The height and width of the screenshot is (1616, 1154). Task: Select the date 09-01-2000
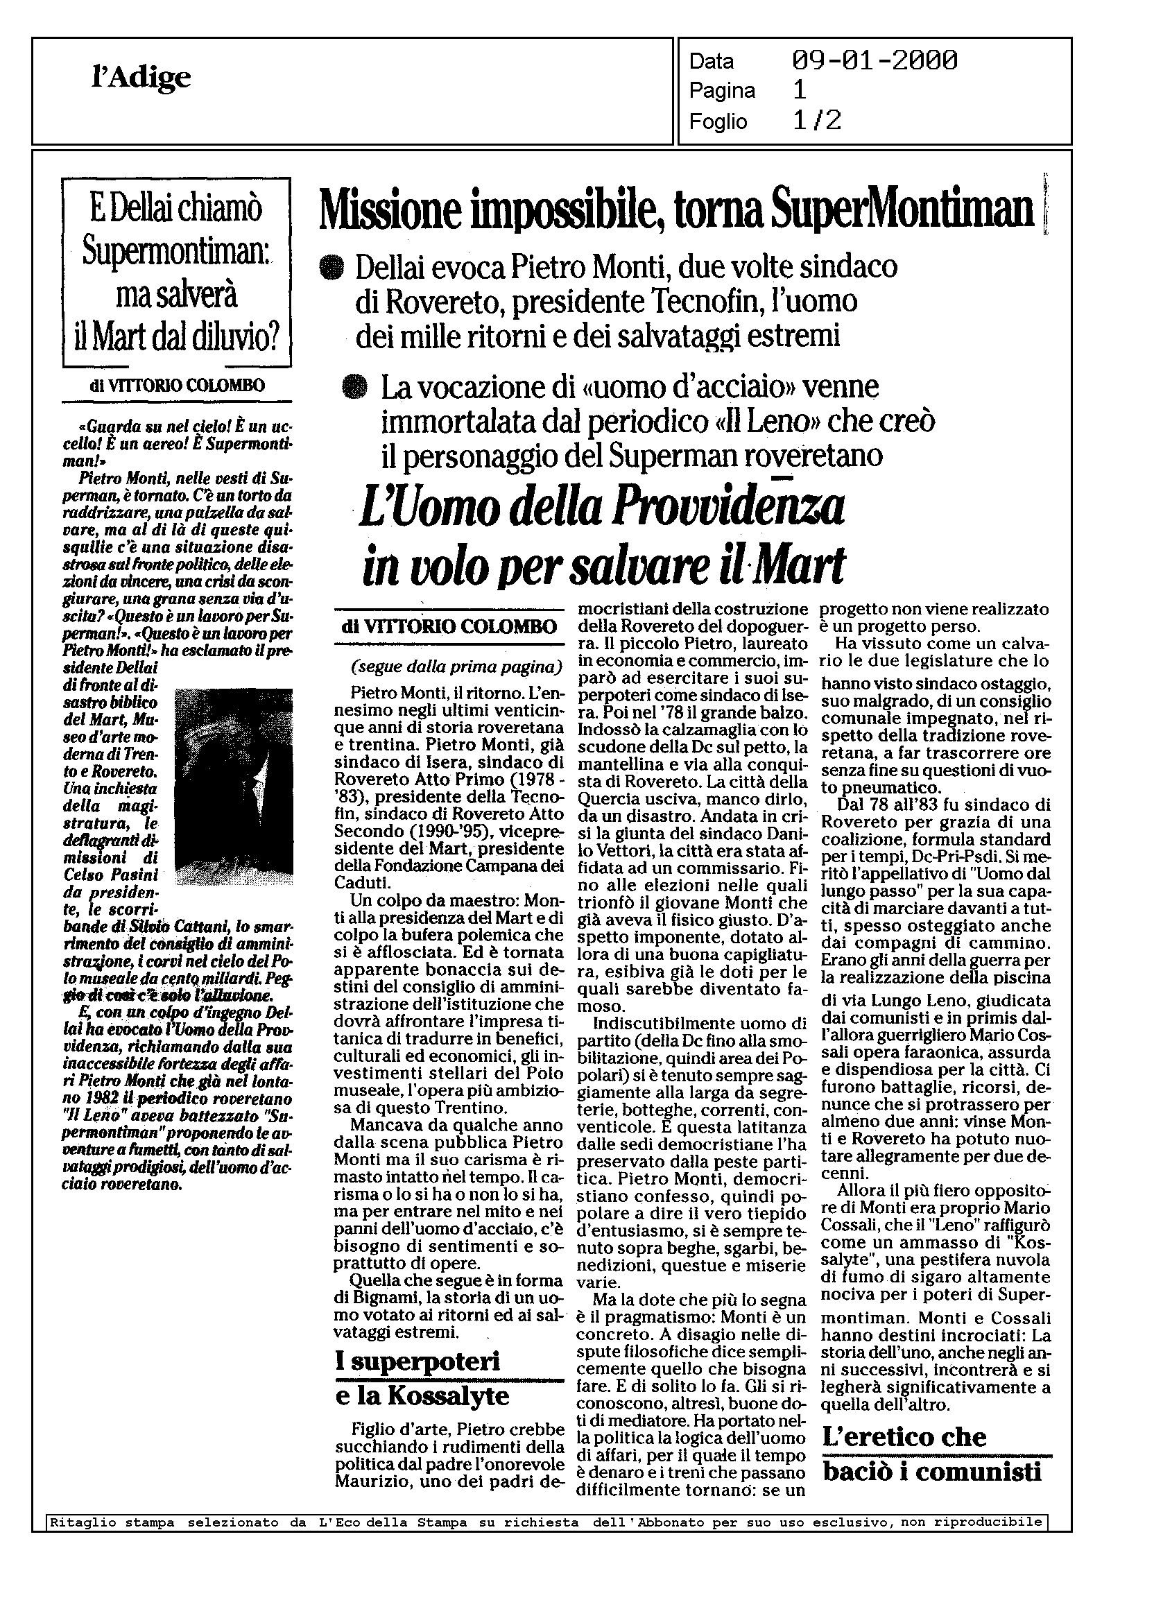click(x=874, y=60)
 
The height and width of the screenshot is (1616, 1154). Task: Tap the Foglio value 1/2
click(x=816, y=121)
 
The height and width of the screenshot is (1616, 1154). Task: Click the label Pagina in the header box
click(x=722, y=91)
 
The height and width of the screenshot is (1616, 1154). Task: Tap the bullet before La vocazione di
click(x=353, y=388)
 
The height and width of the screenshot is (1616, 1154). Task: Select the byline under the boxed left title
click(x=177, y=386)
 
